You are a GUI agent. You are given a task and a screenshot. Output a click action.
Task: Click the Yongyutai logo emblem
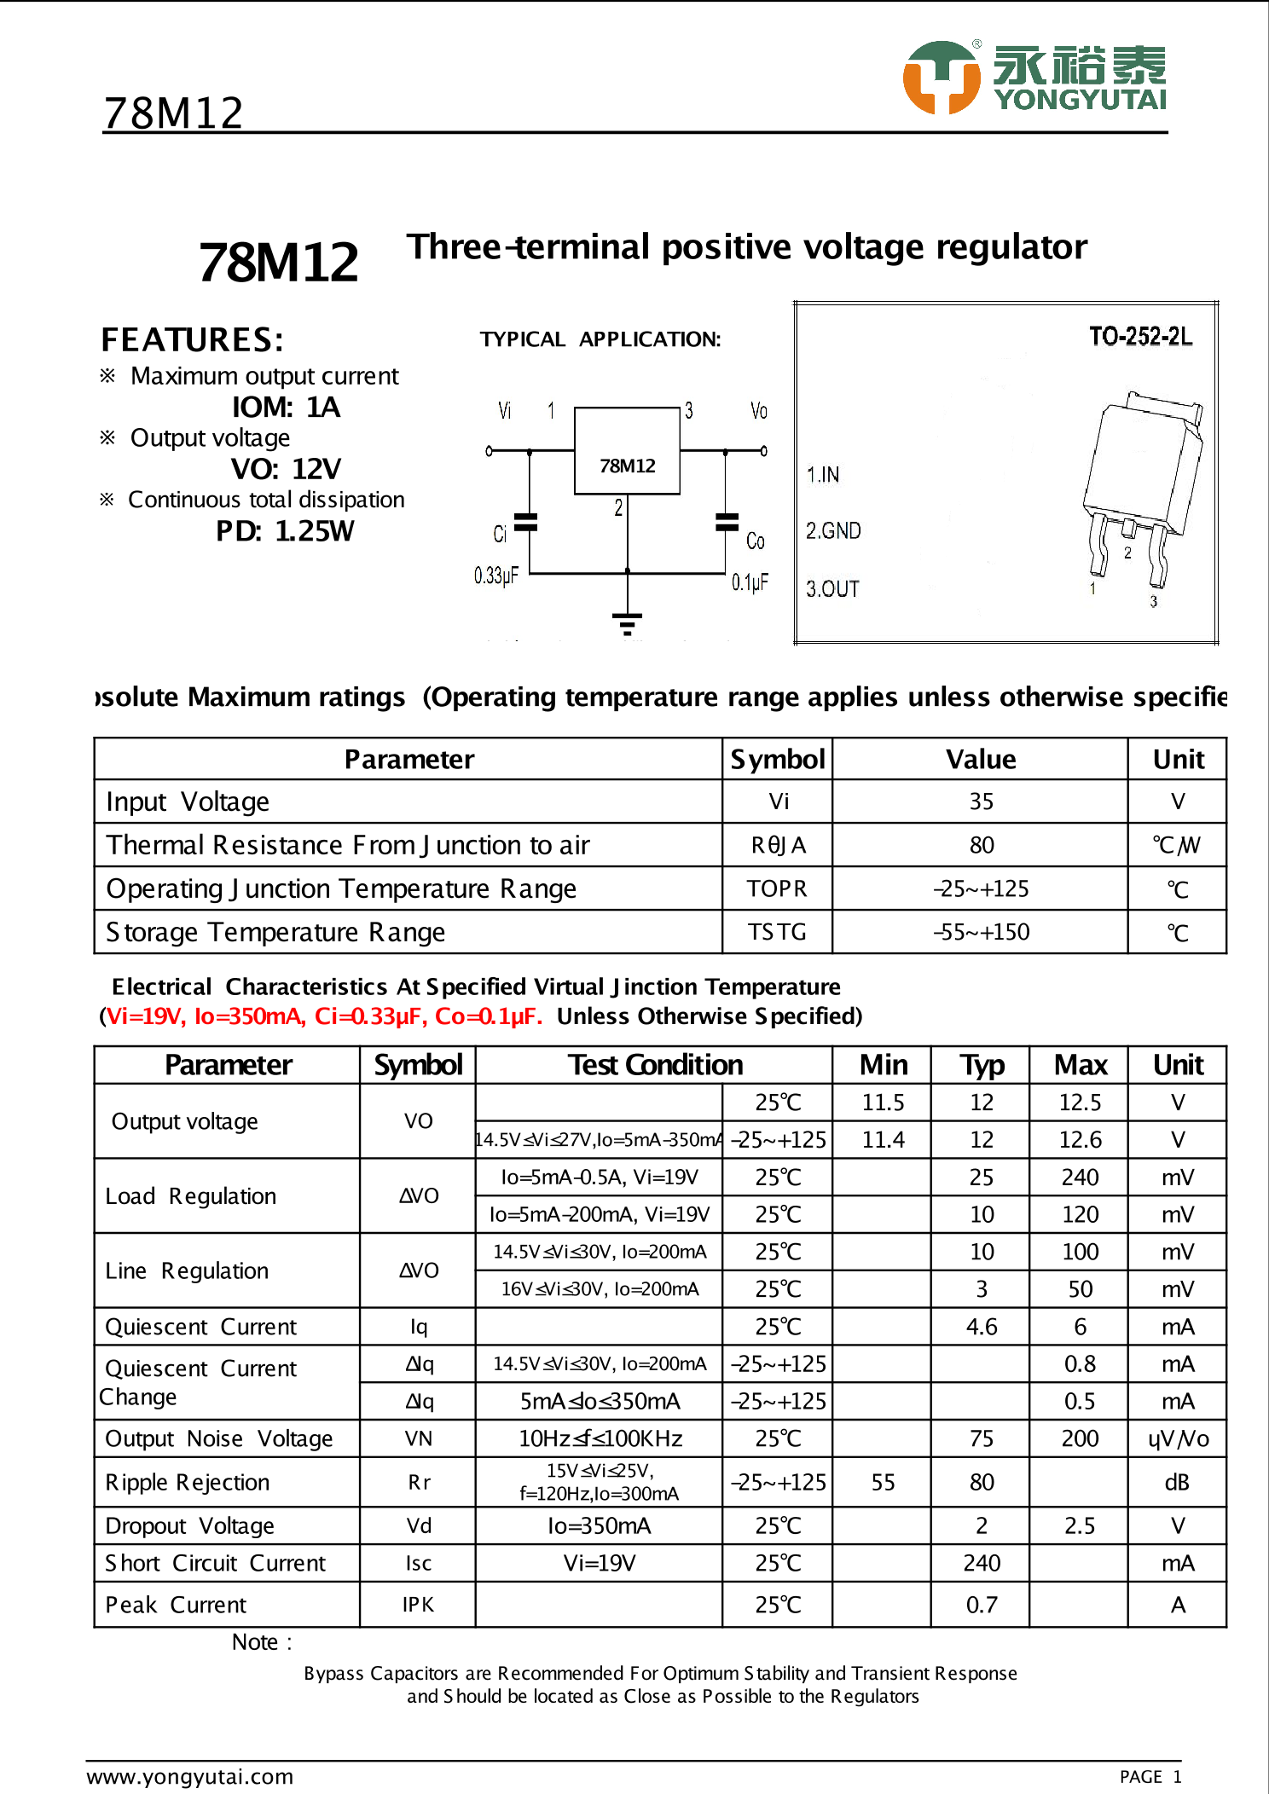click(x=942, y=77)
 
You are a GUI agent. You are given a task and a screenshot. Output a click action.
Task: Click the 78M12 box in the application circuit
click(x=627, y=451)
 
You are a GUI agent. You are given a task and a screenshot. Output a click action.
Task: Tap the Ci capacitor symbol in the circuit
click(x=528, y=523)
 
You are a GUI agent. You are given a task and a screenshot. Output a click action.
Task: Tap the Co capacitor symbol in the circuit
click(x=727, y=522)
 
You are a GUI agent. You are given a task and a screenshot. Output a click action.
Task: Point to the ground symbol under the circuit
click(x=628, y=623)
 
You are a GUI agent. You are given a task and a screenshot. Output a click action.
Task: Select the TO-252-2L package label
click(x=1140, y=337)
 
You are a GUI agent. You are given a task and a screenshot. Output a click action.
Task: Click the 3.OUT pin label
click(x=833, y=589)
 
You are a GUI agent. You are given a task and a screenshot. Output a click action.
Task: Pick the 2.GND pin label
click(x=833, y=531)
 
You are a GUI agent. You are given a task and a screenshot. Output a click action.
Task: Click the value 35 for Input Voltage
click(x=981, y=802)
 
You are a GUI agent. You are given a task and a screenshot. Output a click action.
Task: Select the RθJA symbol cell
click(x=778, y=845)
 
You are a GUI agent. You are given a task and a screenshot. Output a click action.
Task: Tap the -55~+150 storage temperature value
click(x=981, y=932)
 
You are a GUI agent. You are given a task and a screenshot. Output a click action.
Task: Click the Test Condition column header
click(x=655, y=1065)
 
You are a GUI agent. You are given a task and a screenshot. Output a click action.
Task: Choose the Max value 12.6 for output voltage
click(x=1080, y=1140)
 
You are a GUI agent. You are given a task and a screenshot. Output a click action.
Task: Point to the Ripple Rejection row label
click(x=188, y=1482)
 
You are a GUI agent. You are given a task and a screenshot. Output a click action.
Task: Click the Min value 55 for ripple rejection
click(x=883, y=1482)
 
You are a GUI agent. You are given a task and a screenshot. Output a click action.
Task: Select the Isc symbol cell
click(x=418, y=1563)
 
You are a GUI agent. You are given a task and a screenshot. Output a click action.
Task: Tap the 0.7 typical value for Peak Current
click(x=981, y=1605)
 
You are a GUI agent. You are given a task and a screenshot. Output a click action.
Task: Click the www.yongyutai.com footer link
click(x=190, y=1776)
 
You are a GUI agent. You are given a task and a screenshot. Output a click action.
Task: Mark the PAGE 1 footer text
click(x=1150, y=1777)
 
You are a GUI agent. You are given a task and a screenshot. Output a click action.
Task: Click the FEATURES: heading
click(x=193, y=340)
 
